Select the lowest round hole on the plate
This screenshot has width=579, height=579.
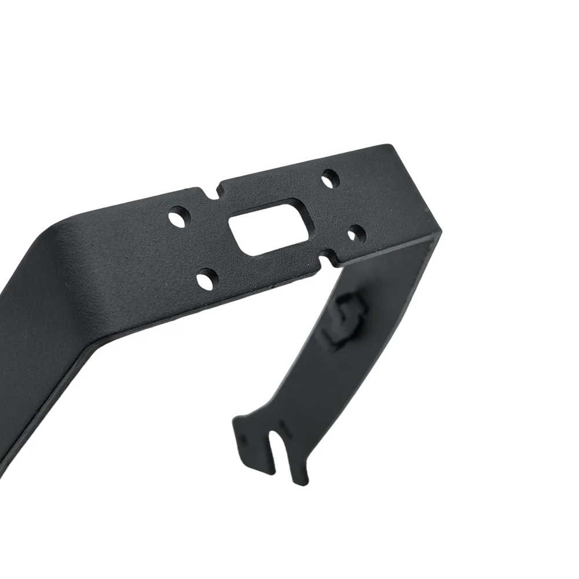click(205, 280)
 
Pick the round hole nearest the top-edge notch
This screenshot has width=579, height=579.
click(179, 218)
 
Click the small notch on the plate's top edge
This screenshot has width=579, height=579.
click(218, 188)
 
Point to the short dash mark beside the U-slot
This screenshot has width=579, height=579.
click(282, 427)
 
